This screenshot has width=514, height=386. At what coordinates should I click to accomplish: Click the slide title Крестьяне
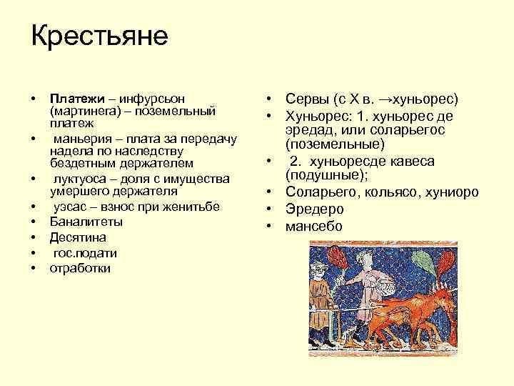(x=99, y=36)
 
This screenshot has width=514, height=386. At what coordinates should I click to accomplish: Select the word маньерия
(x=79, y=138)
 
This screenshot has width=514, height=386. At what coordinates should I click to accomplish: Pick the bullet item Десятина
(x=78, y=237)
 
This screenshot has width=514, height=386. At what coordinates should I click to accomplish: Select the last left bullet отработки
(x=80, y=269)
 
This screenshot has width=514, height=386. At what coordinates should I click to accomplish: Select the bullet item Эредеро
(x=315, y=209)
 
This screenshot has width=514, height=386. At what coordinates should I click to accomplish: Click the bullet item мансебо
(x=314, y=227)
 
